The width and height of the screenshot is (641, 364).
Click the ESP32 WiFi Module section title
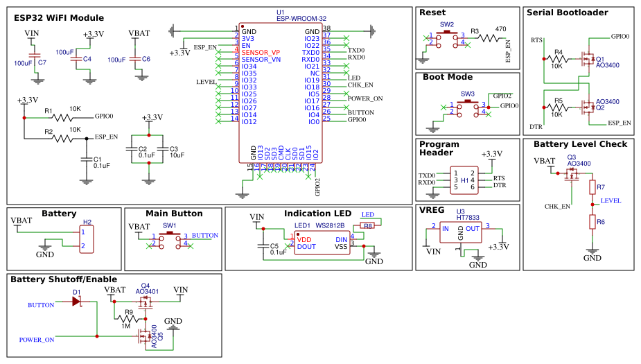click(59, 18)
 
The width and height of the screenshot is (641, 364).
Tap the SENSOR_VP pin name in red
click(261, 53)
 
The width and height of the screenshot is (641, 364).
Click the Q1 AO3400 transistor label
click(607, 62)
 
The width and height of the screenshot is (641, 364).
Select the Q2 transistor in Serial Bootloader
click(588, 107)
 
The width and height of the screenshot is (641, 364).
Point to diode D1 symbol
click(77, 302)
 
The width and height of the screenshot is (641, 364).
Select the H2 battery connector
click(87, 239)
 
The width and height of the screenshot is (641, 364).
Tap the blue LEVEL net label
click(611, 200)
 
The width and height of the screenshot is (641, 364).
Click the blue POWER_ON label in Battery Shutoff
click(37, 340)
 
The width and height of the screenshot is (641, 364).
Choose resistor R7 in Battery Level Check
click(592, 187)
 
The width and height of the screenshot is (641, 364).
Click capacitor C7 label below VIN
click(42, 62)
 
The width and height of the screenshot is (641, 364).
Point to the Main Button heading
click(174, 214)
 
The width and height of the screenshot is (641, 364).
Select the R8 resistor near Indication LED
click(368, 225)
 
